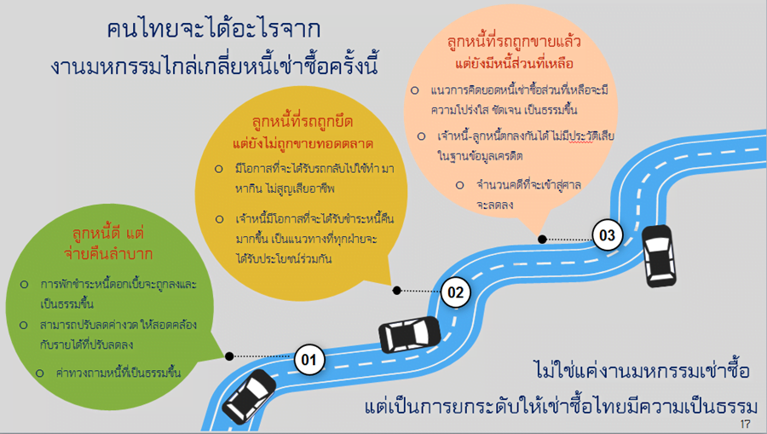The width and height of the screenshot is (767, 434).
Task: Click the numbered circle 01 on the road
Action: pos(309,360)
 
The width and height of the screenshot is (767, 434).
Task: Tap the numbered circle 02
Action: pos(455,292)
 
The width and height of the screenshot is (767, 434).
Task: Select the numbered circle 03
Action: pos(607,235)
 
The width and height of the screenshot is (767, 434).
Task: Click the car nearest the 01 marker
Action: pos(249,396)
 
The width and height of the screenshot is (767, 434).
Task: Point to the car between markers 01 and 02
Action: pos(409,335)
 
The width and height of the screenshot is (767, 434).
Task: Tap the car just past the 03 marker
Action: pos(659,256)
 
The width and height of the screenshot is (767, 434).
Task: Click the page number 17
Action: pos(745,424)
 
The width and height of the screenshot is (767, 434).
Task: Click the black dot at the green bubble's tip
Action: pos(229,356)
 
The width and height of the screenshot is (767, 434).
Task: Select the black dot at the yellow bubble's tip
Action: pos(396,291)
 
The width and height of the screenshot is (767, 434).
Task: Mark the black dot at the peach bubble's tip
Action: pos(542,240)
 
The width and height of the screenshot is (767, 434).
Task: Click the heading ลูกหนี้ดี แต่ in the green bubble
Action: pos(108,234)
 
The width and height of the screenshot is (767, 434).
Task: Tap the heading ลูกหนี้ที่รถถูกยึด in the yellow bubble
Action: pos(303,121)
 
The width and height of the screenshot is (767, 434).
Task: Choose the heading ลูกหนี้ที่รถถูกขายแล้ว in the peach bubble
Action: pos(514,42)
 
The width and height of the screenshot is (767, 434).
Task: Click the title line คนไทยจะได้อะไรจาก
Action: pos(214,29)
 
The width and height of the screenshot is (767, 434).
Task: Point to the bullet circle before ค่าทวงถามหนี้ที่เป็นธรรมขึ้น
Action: pos(39,373)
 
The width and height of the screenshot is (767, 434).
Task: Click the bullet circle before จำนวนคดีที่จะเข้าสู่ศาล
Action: pos(460,185)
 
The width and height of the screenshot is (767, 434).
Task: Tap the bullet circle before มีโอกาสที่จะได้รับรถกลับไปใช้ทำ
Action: pos(219,169)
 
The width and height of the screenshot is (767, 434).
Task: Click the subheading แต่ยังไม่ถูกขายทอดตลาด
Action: pos(303,144)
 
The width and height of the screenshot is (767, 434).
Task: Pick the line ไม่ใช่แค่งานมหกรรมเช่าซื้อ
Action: pos(641,370)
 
